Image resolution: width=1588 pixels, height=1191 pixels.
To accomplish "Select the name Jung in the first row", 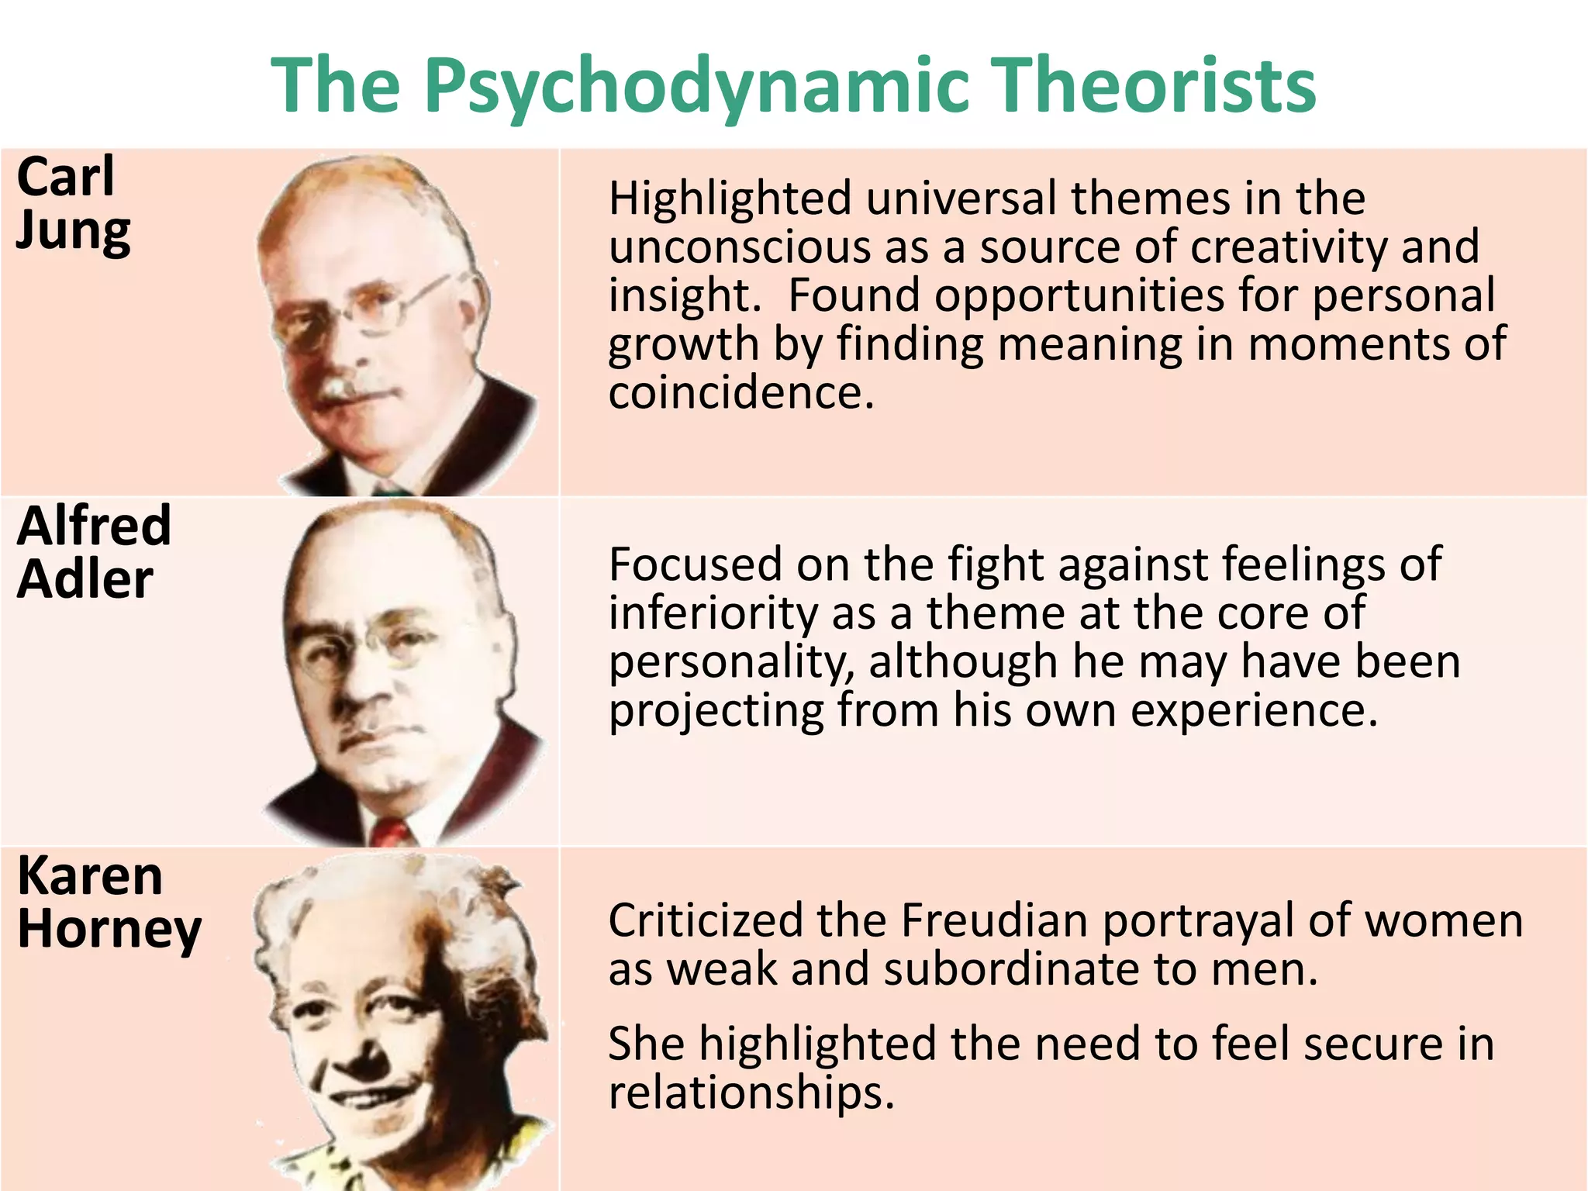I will [x=74, y=232].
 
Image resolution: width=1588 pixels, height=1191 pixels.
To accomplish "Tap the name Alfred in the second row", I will [x=94, y=526].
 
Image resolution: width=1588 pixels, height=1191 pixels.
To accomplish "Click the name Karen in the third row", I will [x=90, y=876].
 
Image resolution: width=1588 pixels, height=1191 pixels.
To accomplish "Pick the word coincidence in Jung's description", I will [x=740, y=392].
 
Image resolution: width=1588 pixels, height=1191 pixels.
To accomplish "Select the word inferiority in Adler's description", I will [x=713, y=613].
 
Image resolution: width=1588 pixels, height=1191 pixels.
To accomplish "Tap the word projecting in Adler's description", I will [x=716, y=710].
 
